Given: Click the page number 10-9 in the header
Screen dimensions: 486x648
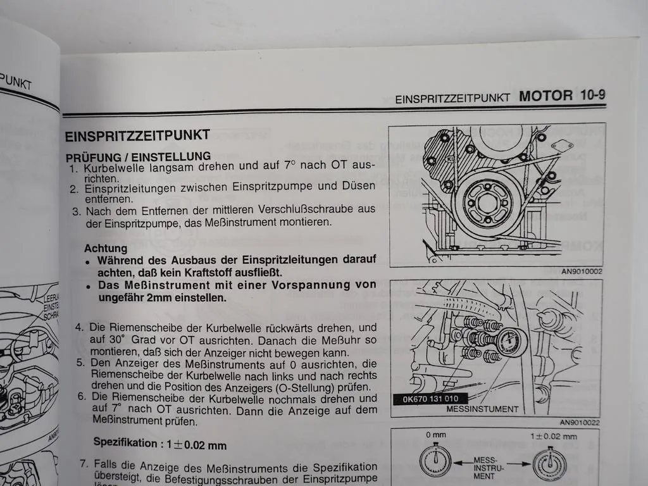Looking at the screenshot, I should (588, 96).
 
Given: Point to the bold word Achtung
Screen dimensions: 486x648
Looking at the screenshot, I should (106, 249).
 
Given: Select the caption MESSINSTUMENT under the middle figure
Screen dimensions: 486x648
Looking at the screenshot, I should (482, 409).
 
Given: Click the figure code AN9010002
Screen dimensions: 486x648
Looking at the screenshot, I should (581, 271).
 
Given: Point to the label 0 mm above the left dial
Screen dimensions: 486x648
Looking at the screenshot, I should (436, 436).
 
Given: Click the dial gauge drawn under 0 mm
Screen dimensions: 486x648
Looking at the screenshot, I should (435, 461).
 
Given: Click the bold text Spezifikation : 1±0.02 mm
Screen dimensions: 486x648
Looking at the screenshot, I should (160, 444).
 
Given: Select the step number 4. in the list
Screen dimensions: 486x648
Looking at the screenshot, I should (80, 327).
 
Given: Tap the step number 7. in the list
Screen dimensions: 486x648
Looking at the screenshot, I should (84, 464).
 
